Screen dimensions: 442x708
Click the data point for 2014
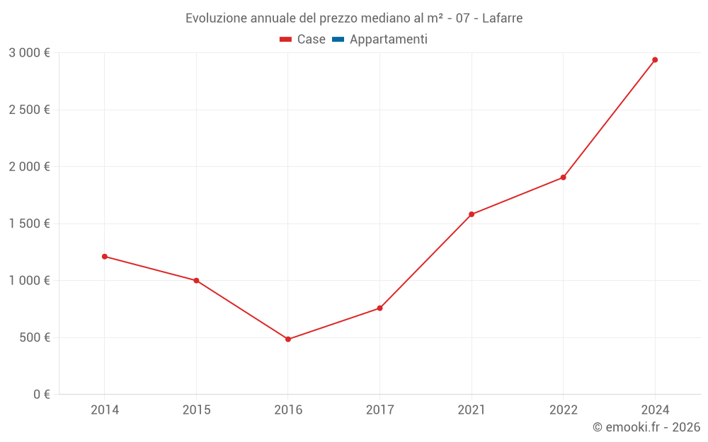[x=105, y=257]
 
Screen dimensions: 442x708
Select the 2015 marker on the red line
[x=196, y=281]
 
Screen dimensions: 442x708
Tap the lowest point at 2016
[x=288, y=339]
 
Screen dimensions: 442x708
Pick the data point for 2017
[x=379, y=308]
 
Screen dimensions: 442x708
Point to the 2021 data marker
[x=472, y=214]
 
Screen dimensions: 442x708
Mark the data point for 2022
[x=563, y=178]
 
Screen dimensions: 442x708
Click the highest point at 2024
[x=655, y=60]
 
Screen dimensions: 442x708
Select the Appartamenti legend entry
[x=388, y=40]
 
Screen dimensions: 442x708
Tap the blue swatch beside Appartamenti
[x=338, y=40]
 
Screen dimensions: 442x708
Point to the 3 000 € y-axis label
[x=29, y=53]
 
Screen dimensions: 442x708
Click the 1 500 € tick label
[x=29, y=223]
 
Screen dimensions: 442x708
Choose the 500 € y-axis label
[x=33, y=337]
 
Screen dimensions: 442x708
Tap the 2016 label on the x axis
[x=288, y=410]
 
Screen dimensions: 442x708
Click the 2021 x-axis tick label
[x=472, y=410]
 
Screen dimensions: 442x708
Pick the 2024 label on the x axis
[x=655, y=410]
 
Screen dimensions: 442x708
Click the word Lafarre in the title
[x=502, y=18]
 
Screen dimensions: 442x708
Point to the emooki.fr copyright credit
[x=646, y=427]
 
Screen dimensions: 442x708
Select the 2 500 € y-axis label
[x=29, y=110]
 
